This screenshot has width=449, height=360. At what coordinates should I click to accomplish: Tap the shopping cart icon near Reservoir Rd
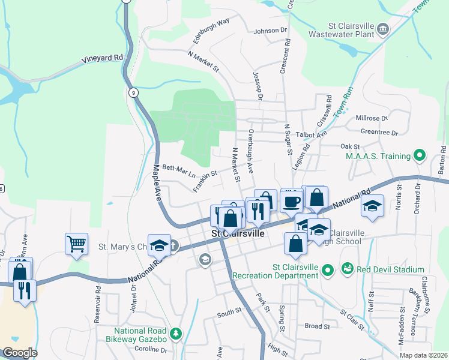[x=76, y=244]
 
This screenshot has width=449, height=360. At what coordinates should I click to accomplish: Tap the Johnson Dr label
[x=271, y=31]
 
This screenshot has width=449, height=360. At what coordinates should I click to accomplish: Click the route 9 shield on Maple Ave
[x=133, y=92]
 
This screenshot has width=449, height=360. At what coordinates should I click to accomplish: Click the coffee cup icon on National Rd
[x=292, y=202]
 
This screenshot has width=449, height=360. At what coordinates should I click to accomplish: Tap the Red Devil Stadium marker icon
[x=347, y=270]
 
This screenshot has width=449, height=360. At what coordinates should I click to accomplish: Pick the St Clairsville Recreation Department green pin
[x=327, y=271]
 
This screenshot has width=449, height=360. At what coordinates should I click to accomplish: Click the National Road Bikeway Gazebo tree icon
[x=175, y=332]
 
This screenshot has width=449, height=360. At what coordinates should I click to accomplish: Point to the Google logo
[x=20, y=353]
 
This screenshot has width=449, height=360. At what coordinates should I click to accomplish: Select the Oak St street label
[x=349, y=146]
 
